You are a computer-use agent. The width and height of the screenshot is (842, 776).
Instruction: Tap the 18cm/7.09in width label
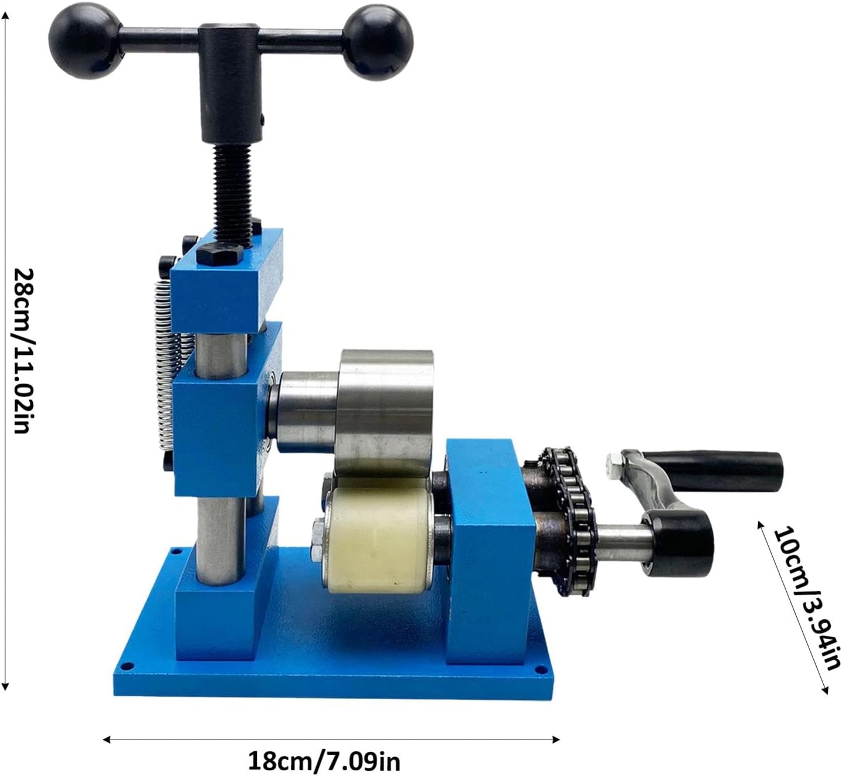point(324,762)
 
